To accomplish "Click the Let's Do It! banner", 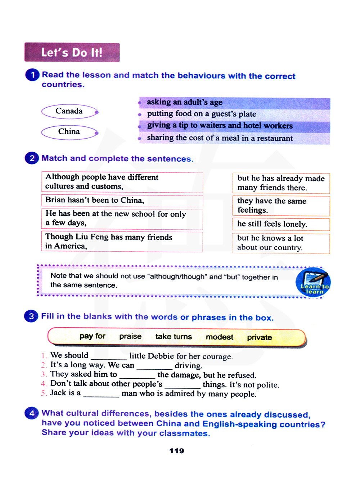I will click(x=72, y=53).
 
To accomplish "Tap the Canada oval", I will click(x=69, y=111).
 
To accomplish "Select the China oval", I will click(x=69, y=132).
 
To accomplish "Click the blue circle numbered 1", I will click(x=32, y=75).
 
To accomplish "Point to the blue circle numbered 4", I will click(x=31, y=413).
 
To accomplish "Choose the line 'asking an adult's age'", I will click(x=185, y=102).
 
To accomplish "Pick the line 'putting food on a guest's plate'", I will click(x=202, y=114).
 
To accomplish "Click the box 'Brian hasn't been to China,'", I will click(x=122, y=200).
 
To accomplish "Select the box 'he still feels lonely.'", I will click(x=281, y=224).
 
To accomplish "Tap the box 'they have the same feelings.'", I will click(x=281, y=206).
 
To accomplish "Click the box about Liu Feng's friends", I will click(x=122, y=242).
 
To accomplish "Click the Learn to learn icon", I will click(x=313, y=283).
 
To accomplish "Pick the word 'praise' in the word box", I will click(x=130, y=336).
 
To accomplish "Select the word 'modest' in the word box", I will click(x=219, y=337).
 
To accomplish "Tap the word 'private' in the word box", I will click(x=259, y=337).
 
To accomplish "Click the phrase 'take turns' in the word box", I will click(x=174, y=337).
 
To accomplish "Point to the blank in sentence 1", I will click(x=109, y=357).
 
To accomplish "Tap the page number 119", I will click(x=176, y=451).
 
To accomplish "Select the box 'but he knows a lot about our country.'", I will click(x=281, y=243).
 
